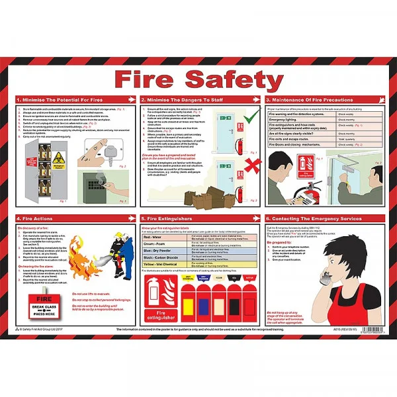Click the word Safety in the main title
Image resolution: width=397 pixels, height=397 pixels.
click(238, 77)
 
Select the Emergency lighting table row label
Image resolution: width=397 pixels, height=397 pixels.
click(285, 119)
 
